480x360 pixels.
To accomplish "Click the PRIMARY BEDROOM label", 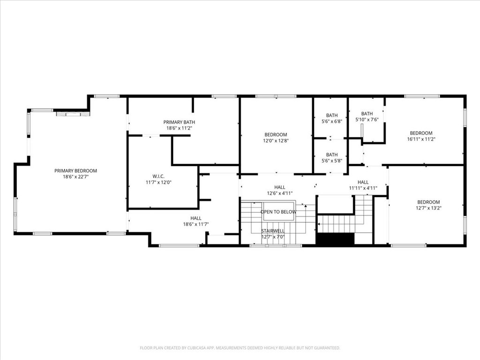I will pos(75,171).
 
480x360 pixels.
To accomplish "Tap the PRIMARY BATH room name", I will pos(179,122).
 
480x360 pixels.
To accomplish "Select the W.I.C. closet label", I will pos(159,176).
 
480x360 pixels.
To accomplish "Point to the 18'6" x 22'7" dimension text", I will pos(75,177).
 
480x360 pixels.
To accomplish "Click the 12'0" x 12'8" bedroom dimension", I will pos(276,140).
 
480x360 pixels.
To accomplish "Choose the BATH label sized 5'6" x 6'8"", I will pos(331,115).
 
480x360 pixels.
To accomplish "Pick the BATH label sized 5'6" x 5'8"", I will pos(331,155).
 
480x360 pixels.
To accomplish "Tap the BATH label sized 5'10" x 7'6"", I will pos(367,113).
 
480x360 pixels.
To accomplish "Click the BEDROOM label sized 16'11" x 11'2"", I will pos(421,133).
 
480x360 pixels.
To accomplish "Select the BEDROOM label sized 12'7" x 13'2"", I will pos(428,202).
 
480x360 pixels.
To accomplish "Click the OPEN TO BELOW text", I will pos(278,212).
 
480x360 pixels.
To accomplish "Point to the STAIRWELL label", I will pos(273,231).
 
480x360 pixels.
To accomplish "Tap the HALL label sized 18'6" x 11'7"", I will pos(196,218).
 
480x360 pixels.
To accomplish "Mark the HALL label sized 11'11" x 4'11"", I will pos(363,182).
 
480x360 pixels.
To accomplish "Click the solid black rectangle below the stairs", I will pos(336,239).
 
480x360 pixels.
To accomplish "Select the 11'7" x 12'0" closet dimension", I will pos(159,182).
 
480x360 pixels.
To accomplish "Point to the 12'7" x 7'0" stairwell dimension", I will pos(273,237).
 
